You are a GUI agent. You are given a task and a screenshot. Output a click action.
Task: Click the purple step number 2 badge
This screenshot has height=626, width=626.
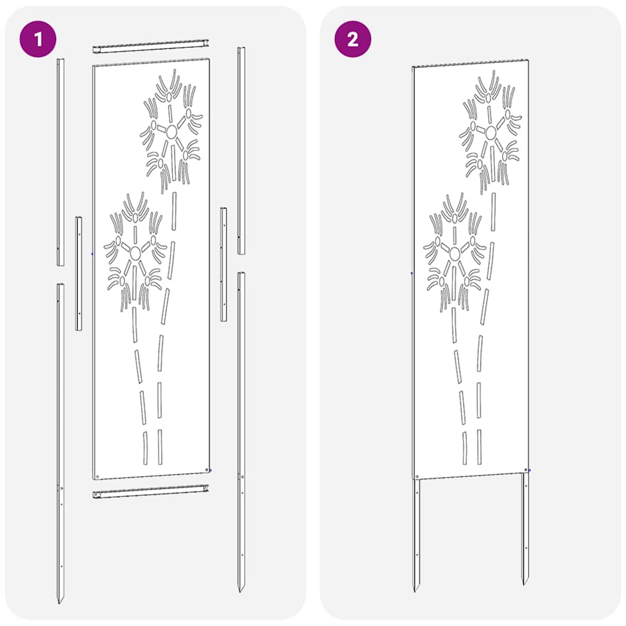click(353, 40)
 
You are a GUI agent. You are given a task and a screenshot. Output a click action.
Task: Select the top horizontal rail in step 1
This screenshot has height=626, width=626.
click(150, 46)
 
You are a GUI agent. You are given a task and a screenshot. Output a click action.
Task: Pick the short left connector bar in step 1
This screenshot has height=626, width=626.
click(78, 273)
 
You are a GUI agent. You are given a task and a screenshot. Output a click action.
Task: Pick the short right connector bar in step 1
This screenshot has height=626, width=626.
click(224, 264)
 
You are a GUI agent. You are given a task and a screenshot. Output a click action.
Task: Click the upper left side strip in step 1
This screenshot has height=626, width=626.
click(60, 162)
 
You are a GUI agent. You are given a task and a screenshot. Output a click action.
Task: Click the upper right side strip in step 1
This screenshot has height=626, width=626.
click(241, 150)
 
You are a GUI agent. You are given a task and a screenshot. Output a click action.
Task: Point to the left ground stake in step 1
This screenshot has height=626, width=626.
click(60, 440)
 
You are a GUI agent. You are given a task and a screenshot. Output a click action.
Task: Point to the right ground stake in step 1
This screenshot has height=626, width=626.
click(241, 428)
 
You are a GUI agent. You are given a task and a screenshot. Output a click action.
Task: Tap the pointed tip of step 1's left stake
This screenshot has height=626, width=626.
click(60, 602)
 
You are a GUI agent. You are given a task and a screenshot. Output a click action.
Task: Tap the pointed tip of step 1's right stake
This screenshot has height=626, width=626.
click(241, 589)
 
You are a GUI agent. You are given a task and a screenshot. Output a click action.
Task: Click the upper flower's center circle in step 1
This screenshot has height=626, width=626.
click(172, 131)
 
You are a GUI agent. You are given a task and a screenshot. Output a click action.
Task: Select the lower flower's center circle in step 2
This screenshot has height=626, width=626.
click(455, 253)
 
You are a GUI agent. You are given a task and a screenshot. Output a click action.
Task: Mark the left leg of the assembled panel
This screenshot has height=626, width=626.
click(416, 532)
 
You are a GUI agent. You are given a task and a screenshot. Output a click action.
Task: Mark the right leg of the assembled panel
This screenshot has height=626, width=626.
click(525, 526)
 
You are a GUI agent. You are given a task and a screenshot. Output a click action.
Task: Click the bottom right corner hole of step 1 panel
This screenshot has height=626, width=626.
click(207, 469)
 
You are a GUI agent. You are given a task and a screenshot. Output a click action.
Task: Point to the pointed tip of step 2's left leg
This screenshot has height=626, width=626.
click(416, 589)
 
